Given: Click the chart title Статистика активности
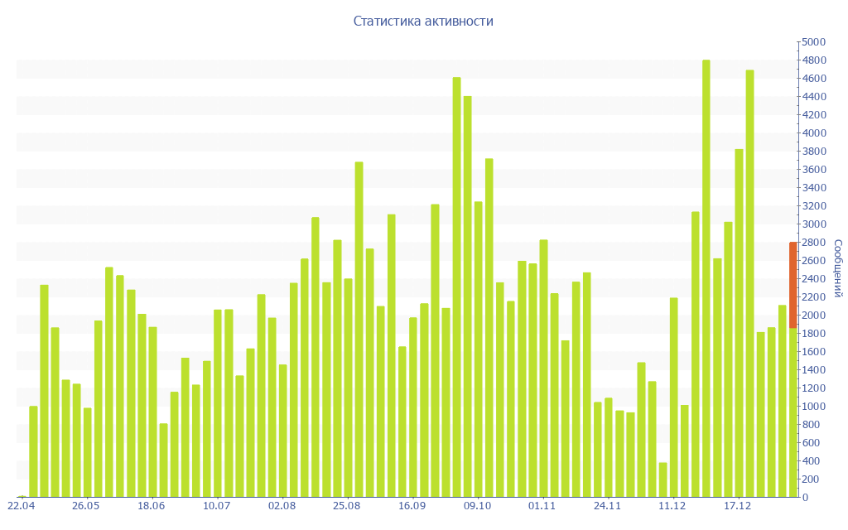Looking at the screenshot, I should [x=423, y=22].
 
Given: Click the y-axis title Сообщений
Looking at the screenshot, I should [x=837, y=268].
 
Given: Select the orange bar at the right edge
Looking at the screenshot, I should [x=793, y=285].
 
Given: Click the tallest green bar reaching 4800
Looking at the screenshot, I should [x=706, y=278].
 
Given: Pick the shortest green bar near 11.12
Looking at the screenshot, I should [x=662, y=479].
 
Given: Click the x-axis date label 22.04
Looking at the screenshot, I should [x=21, y=506].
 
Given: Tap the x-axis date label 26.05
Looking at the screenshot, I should [x=85, y=506].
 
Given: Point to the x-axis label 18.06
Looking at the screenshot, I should [x=151, y=506].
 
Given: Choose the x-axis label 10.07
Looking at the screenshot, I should [x=216, y=506].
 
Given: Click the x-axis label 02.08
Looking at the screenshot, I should [x=282, y=506].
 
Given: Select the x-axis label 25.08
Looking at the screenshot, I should [x=346, y=506].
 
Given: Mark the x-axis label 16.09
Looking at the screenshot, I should [x=412, y=506].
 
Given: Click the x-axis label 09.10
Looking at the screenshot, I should [x=477, y=506].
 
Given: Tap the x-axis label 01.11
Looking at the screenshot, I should [x=542, y=506].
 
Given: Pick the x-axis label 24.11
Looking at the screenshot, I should [x=607, y=506].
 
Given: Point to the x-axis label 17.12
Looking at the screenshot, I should [x=737, y=506].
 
